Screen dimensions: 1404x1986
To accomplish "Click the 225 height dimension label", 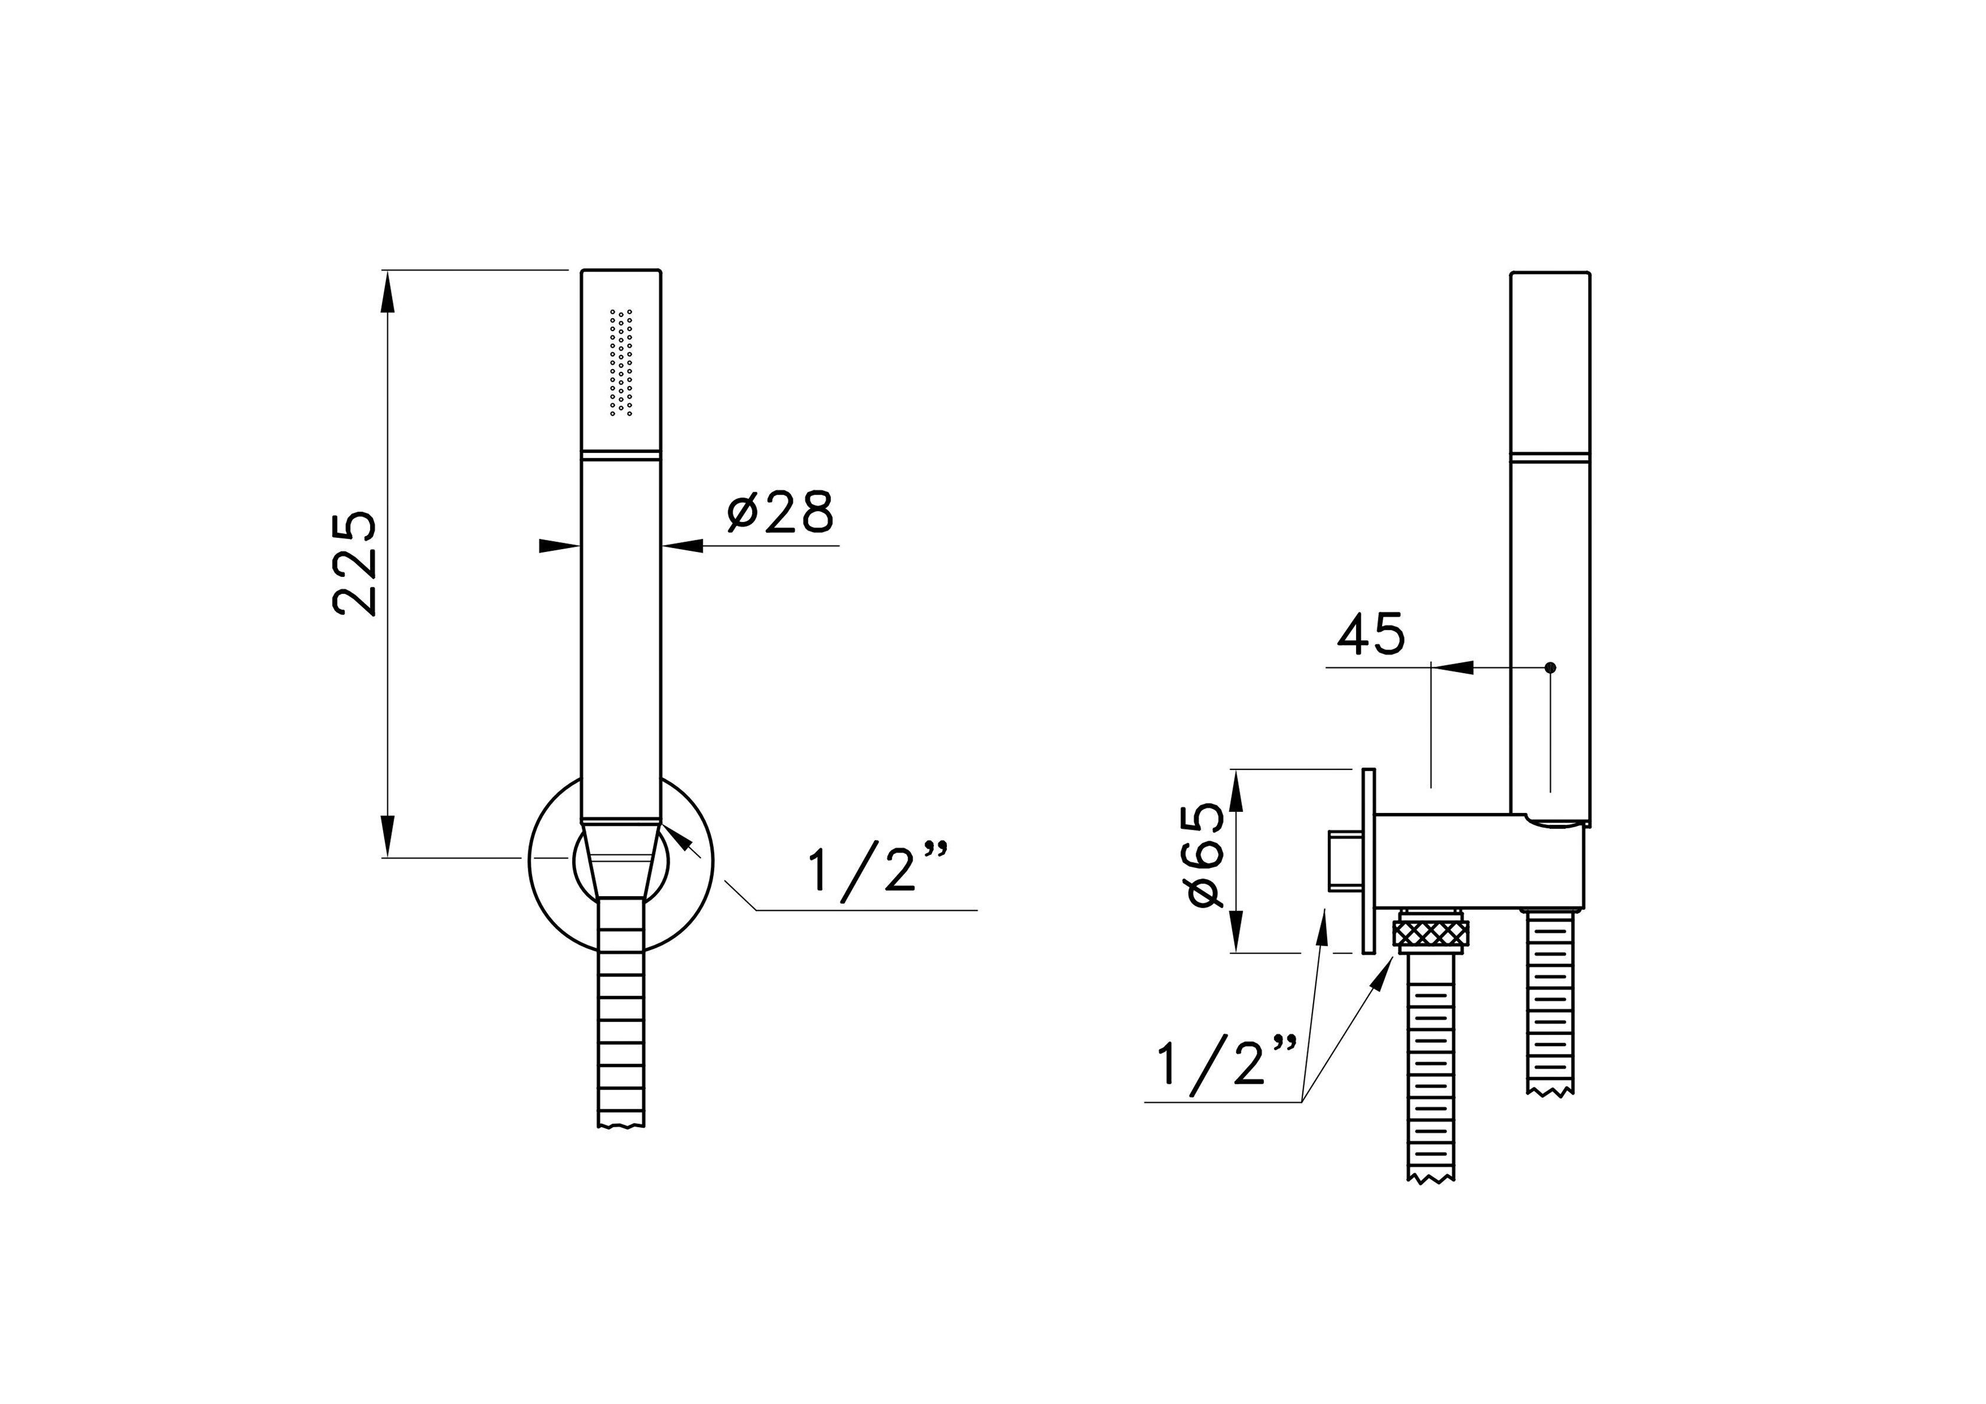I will point(355,563).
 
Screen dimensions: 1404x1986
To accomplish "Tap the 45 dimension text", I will point(1371,635).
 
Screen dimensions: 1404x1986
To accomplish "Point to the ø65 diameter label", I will point(1207,856).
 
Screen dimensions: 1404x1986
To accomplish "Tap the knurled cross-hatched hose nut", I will point(1430,936).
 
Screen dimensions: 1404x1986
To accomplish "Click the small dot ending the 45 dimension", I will point(1550,667).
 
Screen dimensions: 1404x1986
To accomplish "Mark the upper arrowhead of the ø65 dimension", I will point(1237,789).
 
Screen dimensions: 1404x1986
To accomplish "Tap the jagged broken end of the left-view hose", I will point(621,1125).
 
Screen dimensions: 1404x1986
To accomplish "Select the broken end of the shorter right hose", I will point(1550,1090).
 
